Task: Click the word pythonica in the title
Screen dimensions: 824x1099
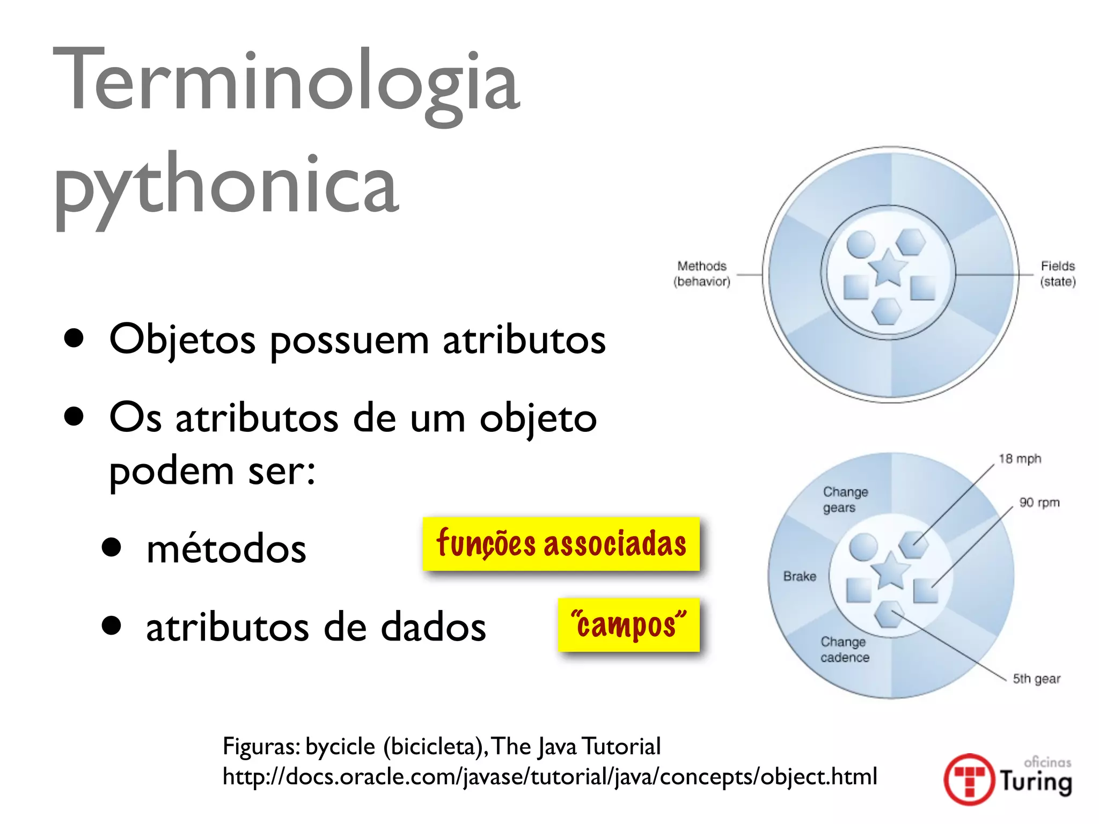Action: (x=226, y=185)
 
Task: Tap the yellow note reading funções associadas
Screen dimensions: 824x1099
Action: (x=561, y=543)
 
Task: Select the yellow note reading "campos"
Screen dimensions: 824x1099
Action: (x=628, y=624)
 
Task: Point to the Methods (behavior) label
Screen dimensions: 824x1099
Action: (x=702, y=274)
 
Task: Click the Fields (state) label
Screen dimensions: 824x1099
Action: (x=1058, y=274)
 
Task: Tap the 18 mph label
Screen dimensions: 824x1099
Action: (x=1020, y=459)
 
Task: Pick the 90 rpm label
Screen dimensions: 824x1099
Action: (x=1039, y=503)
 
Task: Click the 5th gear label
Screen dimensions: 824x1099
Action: (x=1036, y=679)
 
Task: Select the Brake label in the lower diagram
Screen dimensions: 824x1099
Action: (x=800, y=576)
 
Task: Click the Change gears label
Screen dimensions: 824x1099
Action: (x=845, y=499)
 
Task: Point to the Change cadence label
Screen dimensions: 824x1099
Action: (x=844, y=650)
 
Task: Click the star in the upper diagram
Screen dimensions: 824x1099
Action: (x=888, y=268)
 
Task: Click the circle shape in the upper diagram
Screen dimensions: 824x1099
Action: (x=861, y=245)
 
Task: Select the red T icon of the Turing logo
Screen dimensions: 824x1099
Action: (x=969, y=779)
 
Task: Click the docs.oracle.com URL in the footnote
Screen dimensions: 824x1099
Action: (x=549, y=776)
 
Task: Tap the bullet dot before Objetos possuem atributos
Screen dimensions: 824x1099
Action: (x=74, y=339)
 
